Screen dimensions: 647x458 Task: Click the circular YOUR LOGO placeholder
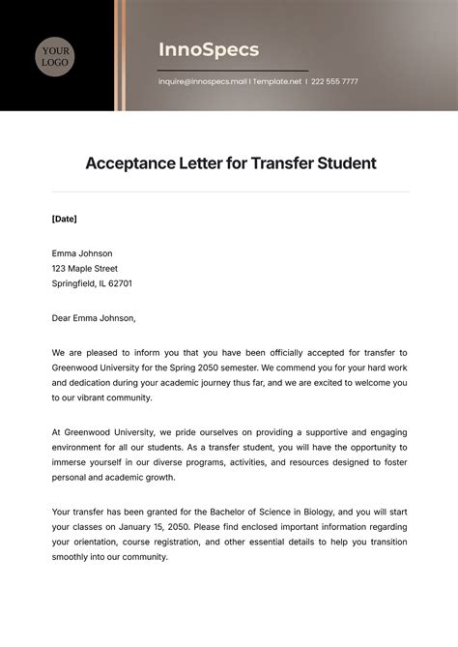tap(57, 56)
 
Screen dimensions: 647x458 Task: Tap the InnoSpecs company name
tap(209, 49)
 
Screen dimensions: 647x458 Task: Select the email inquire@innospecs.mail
tap(202, 81)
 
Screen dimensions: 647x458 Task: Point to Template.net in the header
tap(277, 81)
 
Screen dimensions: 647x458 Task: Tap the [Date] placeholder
tap(64, 219)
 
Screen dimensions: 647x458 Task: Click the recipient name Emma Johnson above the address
tap(82, 253)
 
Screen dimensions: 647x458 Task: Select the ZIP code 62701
tap(119, 284)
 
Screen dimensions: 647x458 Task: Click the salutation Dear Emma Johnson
tap(94, 317)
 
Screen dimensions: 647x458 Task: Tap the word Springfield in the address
tap(75, 284)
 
